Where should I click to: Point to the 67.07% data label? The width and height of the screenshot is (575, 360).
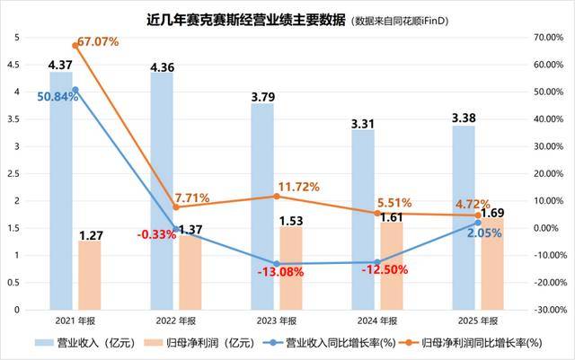pyautogui.click(x=98, y=42)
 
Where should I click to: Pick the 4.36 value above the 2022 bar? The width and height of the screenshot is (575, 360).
pyautogui.click(x=163, y=67)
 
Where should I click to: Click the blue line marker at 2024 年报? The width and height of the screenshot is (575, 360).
pyautogui.click(x=376, y=262)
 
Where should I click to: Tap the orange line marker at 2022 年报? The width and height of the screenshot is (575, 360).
pyautogui.click(x=176, y=207)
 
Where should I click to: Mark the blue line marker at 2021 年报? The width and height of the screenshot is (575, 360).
pyautogui.click(x=75, y=90)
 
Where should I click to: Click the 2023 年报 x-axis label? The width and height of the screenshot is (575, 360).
pyautogui.click(x=276, y=319)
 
